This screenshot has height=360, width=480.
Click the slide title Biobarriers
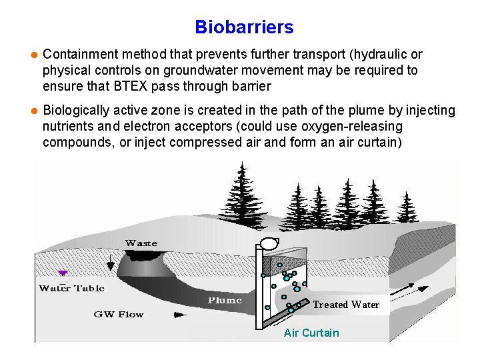tap(244, 27)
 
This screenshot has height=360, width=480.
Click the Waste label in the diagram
tap(141, 243)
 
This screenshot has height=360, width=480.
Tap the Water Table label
tap(71, 288)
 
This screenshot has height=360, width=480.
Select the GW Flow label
tap(118, 314)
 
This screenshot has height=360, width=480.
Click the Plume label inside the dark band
tap(225, 300)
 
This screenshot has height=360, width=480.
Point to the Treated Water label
tap(346, 305)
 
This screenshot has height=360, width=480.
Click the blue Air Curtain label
tap(311, 333)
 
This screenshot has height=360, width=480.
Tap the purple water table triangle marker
tap(63, 273)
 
